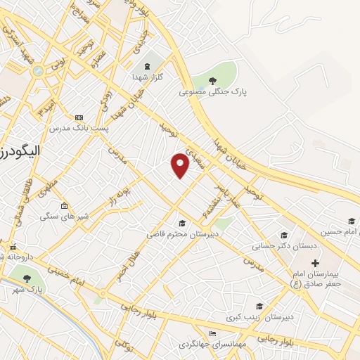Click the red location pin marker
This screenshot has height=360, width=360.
pos(181,165)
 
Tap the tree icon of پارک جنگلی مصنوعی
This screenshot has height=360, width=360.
pos(213,81)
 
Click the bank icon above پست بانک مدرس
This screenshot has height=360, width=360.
pos(78,117)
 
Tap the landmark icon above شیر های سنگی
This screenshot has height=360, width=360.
pos(65,206)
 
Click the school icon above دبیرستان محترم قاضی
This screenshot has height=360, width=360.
pos(182,222)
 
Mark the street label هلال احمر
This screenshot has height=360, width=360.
pos(124,263)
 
